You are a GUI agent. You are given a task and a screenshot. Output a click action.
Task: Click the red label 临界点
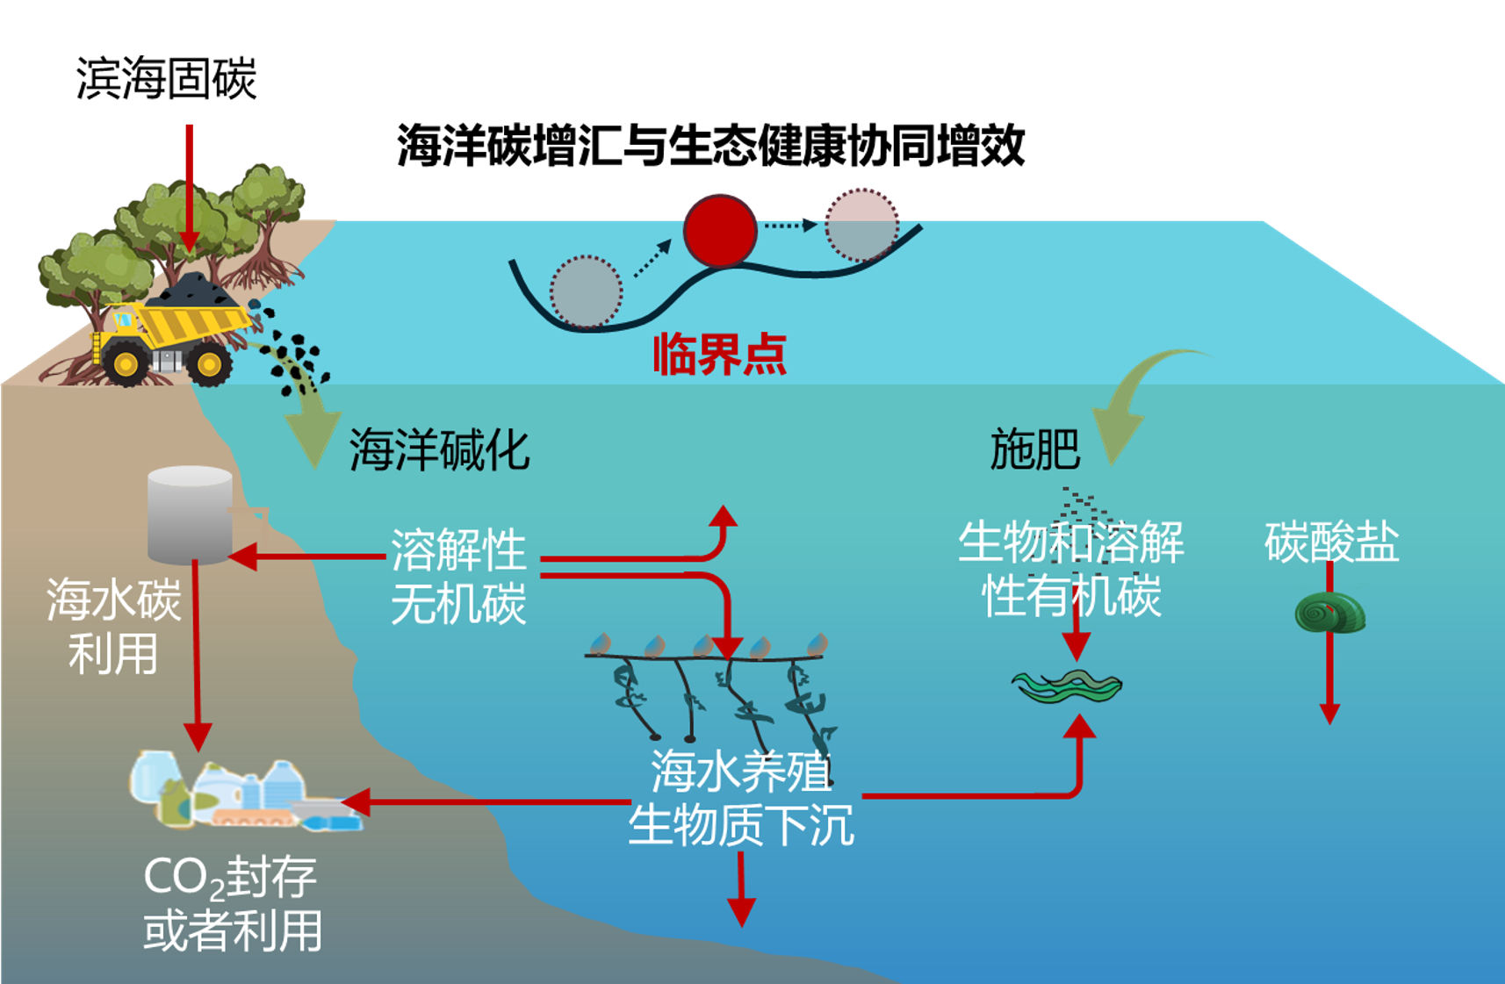719,355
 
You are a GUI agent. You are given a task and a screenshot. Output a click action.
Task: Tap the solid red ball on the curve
720,230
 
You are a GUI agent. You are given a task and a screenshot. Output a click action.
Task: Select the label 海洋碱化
439,450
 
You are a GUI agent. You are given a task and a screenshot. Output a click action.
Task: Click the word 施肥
1034,449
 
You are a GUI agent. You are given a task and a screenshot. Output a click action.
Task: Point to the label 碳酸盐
1330,542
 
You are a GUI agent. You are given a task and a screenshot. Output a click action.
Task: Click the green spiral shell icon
1330,613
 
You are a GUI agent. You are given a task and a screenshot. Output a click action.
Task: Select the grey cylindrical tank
190,514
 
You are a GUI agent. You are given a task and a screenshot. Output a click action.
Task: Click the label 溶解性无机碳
457,577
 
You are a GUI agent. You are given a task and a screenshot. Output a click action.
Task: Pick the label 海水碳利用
113,626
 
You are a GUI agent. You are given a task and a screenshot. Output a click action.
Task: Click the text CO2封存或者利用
232,903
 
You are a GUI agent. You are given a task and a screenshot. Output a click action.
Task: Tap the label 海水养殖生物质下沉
741,798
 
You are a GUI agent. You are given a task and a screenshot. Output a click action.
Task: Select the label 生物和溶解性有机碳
1071,568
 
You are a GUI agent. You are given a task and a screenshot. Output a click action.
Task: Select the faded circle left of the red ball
586,291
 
